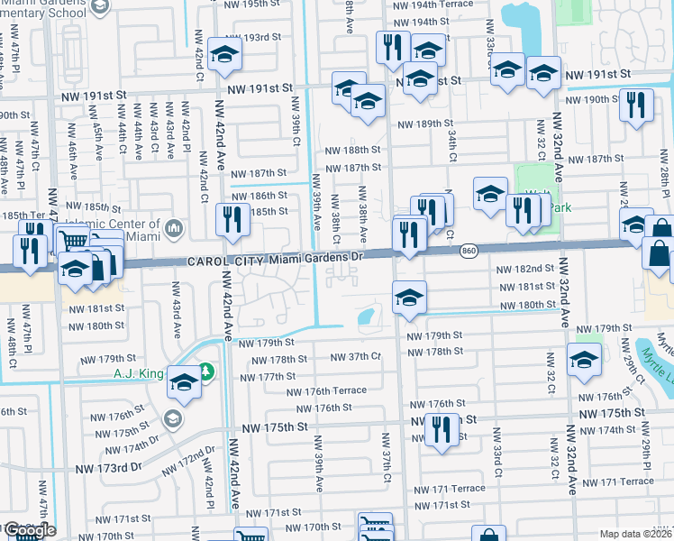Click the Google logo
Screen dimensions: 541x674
click(x=29, y=531)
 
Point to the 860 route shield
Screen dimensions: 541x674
click(x=468, y=250)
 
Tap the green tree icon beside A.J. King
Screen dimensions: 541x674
click(x=206, y=371)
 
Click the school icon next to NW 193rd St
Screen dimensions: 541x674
click(x=223, y=54)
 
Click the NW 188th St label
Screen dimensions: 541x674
click(x=352, y=150)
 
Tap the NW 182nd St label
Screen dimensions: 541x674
click(x=524, y=269)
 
